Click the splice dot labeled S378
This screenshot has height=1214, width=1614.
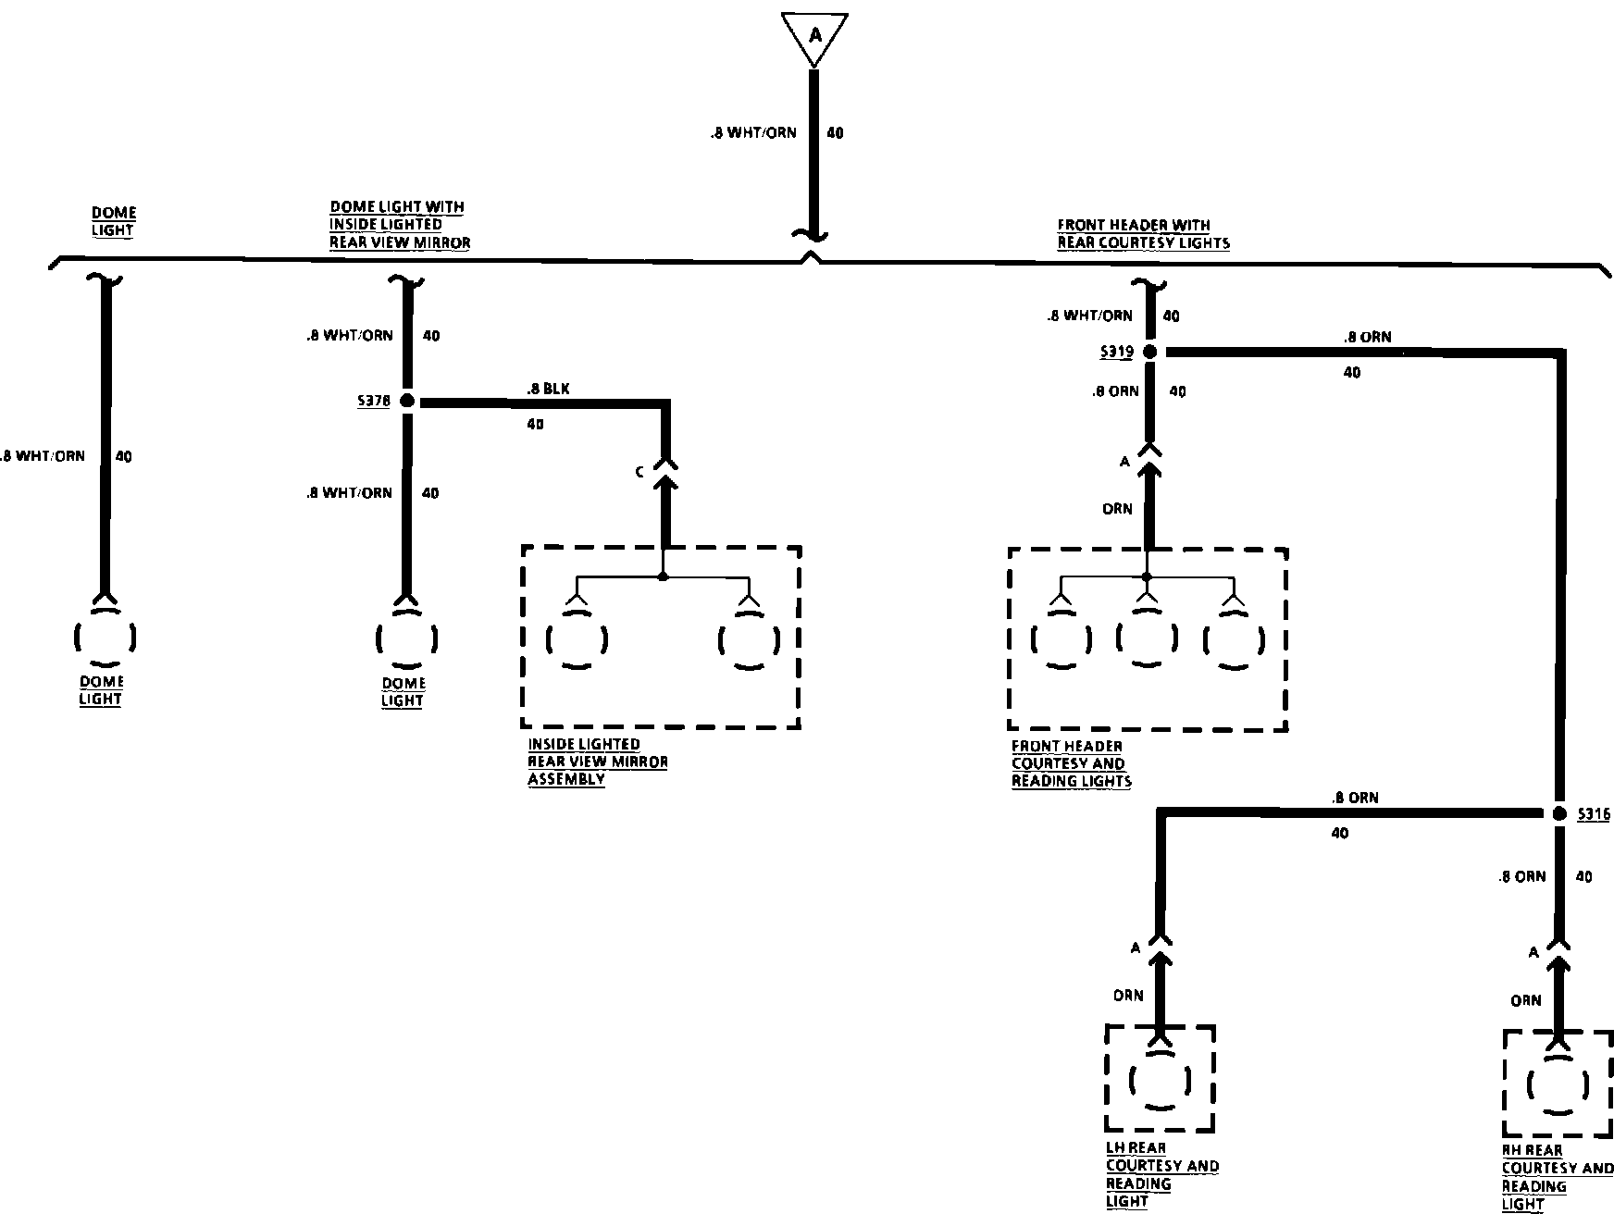click(x=405, y=402)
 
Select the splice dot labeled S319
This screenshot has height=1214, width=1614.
click(x=1148, y=352)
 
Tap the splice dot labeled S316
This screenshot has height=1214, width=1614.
click(x=1558, y=813)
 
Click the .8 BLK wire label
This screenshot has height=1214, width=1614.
click(x=548, y=390)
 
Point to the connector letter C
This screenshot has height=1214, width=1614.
click(x=639, y=473)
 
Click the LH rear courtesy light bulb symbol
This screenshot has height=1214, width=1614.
click(x=1160, y=1080)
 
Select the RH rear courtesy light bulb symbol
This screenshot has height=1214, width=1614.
click(x=1558, y=1084)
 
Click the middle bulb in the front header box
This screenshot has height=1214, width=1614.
click(x=1146, y=638)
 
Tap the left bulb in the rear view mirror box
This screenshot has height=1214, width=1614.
click(x=577, y=638)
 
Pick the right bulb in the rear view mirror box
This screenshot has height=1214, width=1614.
click(x=748, y=638)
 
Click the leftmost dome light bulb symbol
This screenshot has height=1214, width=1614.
click(x=105, y=637)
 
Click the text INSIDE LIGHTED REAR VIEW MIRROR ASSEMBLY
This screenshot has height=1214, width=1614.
click(x=597, y=762)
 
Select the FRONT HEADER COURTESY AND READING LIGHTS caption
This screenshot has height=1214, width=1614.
click(x=1071, y=763)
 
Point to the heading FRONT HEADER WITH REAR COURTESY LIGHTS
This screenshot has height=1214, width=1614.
click(x=1143, y=234)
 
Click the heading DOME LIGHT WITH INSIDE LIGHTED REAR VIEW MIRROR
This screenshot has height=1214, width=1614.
click(x=400, y=225)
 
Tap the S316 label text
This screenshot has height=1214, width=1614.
click(x=1594, y=814)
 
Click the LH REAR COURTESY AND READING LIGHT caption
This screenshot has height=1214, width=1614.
click(x=1161, y=1175)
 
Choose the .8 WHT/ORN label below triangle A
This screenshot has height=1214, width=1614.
click(x=753, y=132)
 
